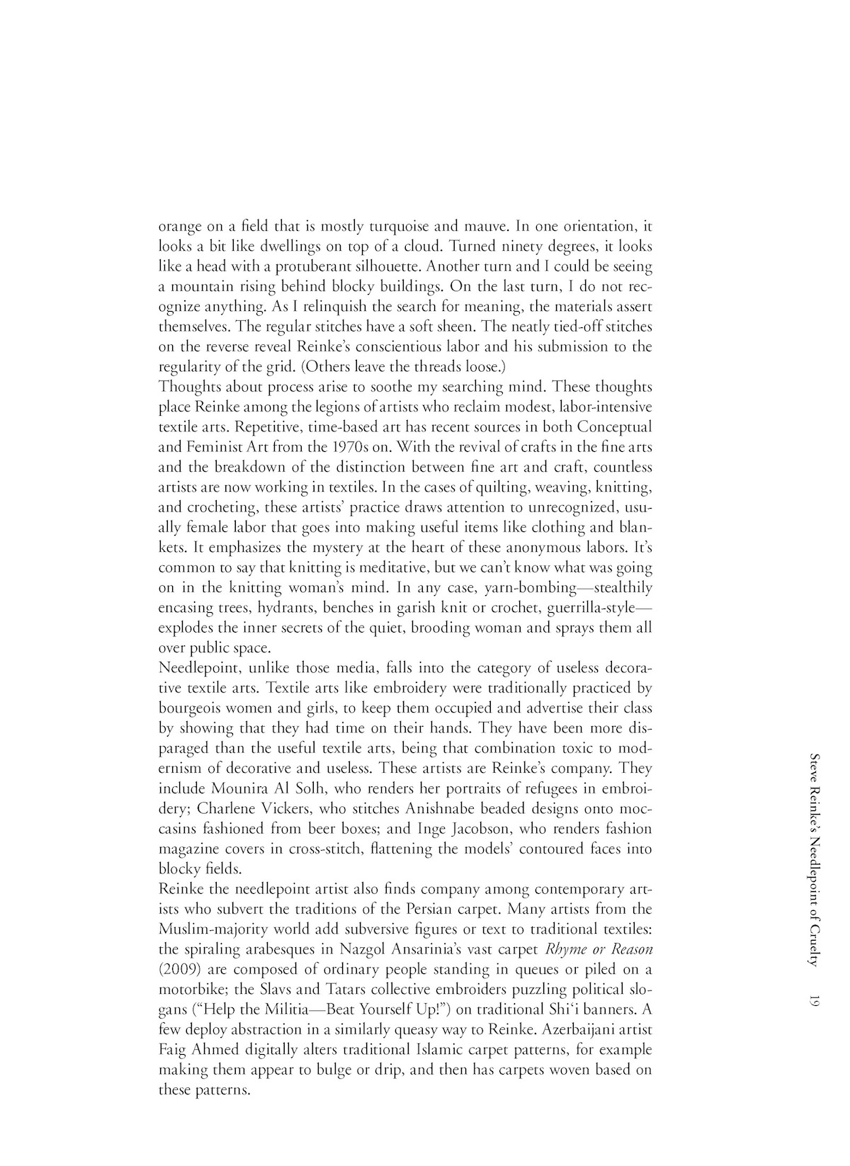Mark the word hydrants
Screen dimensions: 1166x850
(288, 608)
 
